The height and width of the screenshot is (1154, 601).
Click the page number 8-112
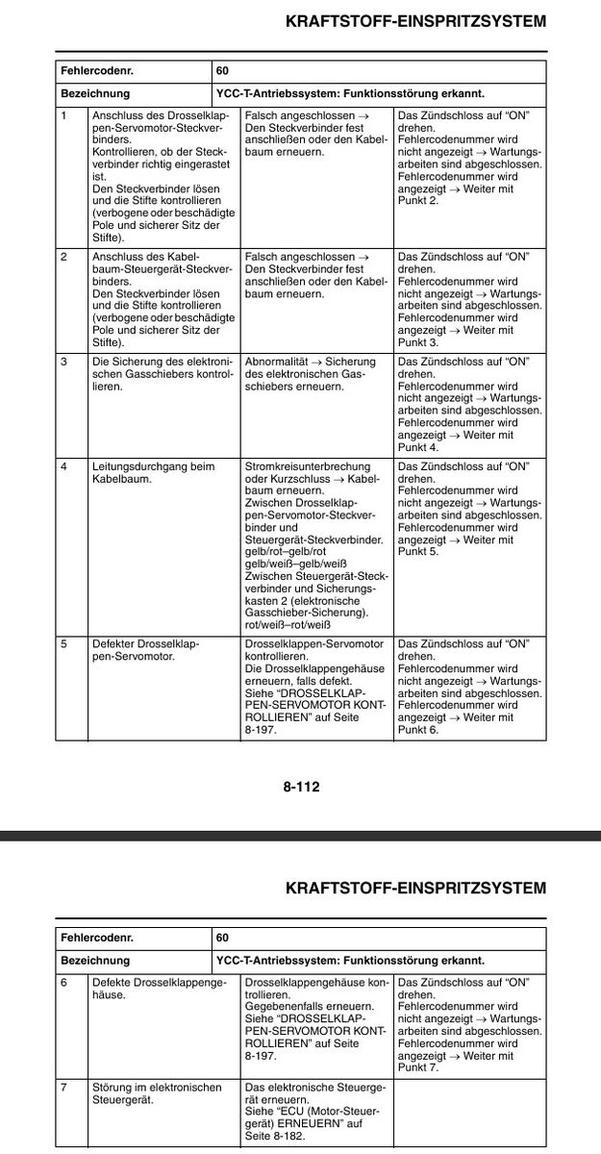[x=300, y=787]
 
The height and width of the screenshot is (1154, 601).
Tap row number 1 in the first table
[x=64, y=115]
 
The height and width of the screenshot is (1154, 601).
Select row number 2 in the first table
[x=64, y=257]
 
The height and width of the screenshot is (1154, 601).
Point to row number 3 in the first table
[x=64, y=362]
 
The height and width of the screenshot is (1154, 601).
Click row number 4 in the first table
[x=64, y=466]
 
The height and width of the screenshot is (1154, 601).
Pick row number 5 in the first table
[x=64, y=643]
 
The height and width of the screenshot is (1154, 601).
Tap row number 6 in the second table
[x=64, y=982]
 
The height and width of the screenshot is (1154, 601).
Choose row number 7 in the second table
[x=64, y=1088]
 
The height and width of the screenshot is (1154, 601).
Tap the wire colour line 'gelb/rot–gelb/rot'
[x=288, y=552]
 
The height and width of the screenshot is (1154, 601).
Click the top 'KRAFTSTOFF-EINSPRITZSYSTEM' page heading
[x=415, y=20]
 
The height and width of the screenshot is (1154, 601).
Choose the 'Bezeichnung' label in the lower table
[x=95, y=960]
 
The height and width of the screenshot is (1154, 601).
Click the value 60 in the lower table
[x=222, y=937]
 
